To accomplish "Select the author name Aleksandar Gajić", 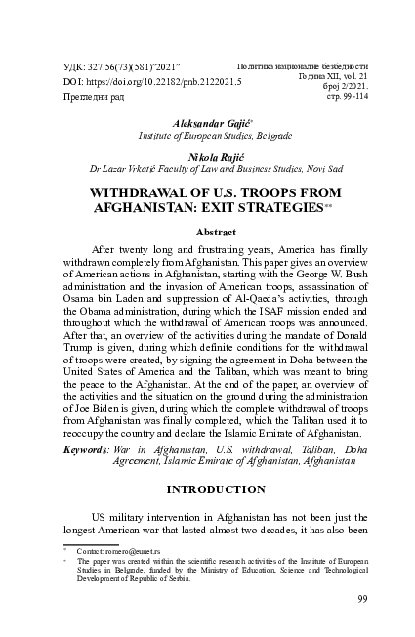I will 206,125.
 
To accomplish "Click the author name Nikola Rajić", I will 206,155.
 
